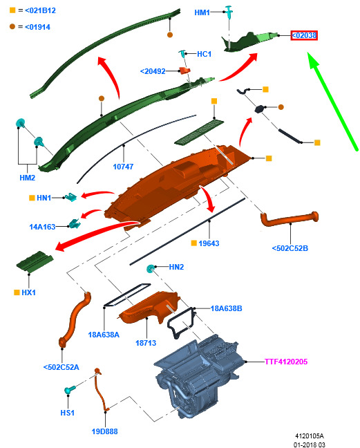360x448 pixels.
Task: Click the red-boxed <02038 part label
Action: [304, 35]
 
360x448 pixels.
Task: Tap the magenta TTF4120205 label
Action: [286, 362]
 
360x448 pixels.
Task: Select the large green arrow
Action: [332, 101]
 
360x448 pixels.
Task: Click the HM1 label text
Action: [202, 12]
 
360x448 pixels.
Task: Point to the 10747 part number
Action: [123, 167]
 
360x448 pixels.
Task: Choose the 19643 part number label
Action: [209, 243]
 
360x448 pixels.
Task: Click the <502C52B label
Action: [290, 248]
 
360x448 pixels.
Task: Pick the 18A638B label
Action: [226, 308]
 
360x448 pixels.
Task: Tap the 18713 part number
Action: [146, 343]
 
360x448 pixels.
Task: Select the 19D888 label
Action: [104, 431]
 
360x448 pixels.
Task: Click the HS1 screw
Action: [70, 389]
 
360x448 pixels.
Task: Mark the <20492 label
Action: [153, 71]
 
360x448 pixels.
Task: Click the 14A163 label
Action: [42, 227]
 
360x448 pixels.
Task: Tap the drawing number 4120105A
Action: [310, 436]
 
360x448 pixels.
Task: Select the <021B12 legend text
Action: [40, 10]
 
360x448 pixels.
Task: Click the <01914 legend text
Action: [37, 27]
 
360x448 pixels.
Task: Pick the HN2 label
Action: [176, 267]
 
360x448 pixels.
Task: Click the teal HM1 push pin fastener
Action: [229, 12]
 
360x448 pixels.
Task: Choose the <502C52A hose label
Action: [61, 367]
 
